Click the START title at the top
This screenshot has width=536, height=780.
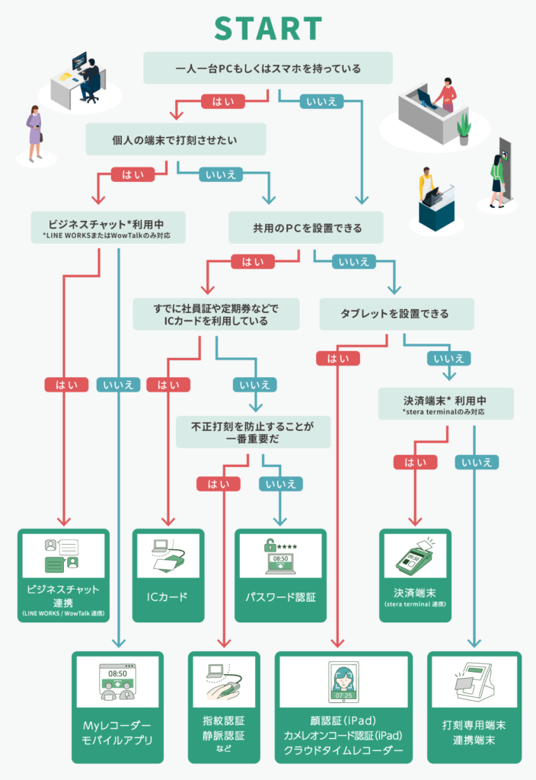coord(268,28)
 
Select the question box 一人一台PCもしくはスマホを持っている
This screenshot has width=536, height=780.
coord(268,69)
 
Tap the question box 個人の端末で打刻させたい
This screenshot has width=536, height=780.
coord(176,139)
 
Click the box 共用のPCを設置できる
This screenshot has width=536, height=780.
coord(306,228)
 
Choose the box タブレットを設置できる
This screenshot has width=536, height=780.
coord(396,313)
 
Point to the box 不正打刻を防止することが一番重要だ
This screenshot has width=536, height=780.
coord(254,431)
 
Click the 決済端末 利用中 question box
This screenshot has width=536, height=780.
coord(445,404)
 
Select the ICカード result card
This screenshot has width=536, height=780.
coord(168,576)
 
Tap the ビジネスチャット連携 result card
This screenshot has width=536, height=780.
coord(62,576)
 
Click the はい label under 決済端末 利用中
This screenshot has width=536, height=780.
coord(415,462)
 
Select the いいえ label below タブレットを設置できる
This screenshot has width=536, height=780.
coord(447,358)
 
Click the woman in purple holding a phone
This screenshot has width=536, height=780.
coord(34,131)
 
